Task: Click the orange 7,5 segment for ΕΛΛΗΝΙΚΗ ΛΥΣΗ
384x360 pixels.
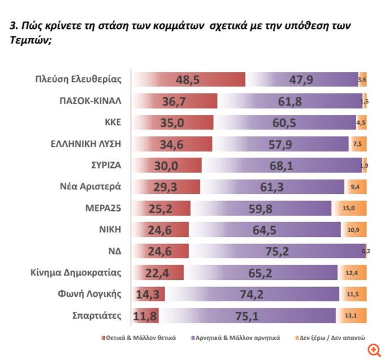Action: [x=357, y=145]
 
